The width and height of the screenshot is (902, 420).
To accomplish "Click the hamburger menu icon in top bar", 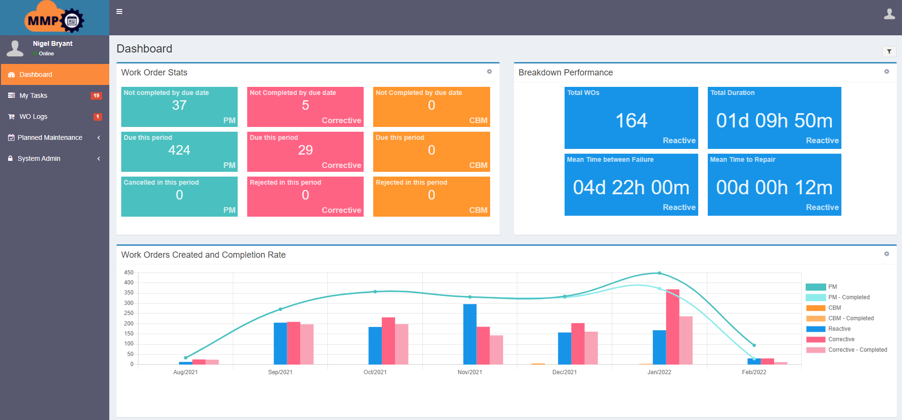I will click(x=119, y=11).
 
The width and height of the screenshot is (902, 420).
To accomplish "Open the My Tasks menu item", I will click(x=33, y=95).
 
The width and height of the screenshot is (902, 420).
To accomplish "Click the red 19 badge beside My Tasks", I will click(x=96, y=95).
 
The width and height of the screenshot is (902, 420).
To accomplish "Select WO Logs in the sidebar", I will click(x=33, y=116).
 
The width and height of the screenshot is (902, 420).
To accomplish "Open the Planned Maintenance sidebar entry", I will click(x=50, y=137).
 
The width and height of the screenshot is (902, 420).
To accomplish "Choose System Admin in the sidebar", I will click(x=39, y=158).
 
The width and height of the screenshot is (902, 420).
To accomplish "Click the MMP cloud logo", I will click(x=54, y=18).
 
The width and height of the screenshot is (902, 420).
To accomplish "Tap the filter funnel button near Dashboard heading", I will click(x=889, y=52).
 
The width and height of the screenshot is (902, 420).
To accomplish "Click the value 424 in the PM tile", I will click(x=179, y=150).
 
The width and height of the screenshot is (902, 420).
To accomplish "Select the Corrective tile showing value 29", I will click(x=305, y=151).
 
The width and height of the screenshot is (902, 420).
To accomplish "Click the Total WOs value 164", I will click(x=631, y=121).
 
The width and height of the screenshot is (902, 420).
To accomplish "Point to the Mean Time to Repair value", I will click(x=774, y=188).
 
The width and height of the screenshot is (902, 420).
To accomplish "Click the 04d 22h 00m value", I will click(x=631, y=188).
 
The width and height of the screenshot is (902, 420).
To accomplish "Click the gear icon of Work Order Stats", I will click(x=489, y=72).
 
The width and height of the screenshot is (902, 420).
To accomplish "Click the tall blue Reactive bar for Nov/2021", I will click(x=470, y=334).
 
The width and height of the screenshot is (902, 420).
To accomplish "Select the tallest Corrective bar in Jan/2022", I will click(x=672, y=327).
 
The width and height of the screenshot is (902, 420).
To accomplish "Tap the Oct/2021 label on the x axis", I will click(x=375, y=372).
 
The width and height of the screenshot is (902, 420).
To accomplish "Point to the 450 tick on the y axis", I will click(x=129, y=273).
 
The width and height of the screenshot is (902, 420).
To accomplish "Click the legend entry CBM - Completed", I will click(x=850, y=318).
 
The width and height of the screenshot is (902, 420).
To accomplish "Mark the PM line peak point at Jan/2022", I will click(x=660, y=273).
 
